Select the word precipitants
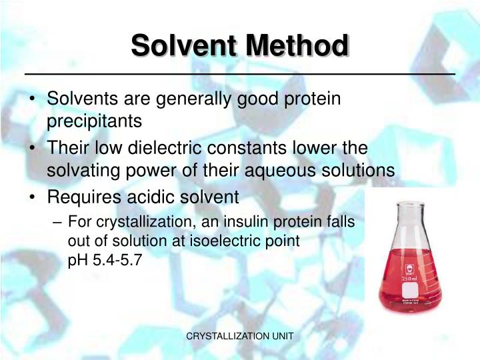coord(94,121)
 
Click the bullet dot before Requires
coord(33,197)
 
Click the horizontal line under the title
coord(240,72)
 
